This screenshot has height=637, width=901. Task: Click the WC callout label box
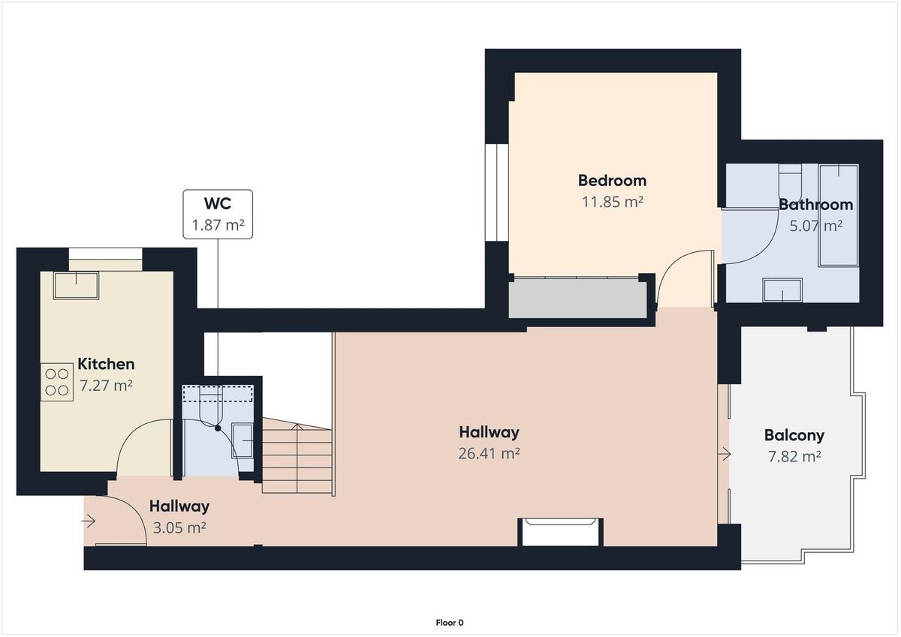218,214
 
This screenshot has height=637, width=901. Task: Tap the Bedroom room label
612,181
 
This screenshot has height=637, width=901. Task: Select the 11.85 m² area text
612,202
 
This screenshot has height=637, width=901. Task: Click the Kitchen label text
106,364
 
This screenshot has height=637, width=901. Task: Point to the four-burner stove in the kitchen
57,382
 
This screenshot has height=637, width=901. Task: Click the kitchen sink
77,286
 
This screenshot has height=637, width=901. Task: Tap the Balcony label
794,435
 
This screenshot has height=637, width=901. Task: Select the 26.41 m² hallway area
489,454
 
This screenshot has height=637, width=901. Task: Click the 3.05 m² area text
179,527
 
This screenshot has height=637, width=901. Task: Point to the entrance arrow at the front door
89,521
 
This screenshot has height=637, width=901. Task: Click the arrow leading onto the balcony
725,455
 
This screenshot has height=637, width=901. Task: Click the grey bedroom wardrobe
577,298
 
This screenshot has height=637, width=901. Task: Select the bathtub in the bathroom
839,215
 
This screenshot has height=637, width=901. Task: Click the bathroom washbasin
782,290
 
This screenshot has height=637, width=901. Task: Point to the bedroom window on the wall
497,192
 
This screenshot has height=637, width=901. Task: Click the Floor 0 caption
450,623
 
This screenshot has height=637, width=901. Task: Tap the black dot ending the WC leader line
218,428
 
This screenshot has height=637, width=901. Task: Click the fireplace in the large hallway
560,532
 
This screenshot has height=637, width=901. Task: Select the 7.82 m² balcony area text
794,456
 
